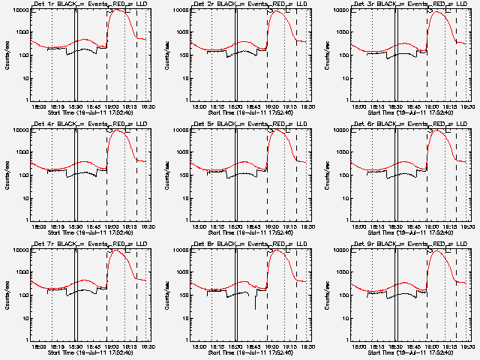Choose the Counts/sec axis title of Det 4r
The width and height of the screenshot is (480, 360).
pyautogui.click(x=7, y=175)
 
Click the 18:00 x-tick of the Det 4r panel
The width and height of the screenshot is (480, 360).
pyautogui.click(x=38, y=226)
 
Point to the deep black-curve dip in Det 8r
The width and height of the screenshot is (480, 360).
pyautogui.click(x=255, y=307)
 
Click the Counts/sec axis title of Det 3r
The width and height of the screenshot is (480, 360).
pyautogui.click(x=327, y=55)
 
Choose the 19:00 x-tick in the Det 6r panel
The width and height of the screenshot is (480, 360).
pyautogui.click(x=432, y=226)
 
